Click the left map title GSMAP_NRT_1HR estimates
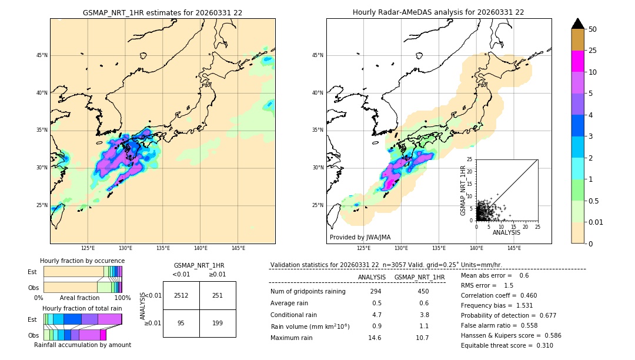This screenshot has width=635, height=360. point(162,12)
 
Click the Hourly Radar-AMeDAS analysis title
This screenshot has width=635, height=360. point(439,12)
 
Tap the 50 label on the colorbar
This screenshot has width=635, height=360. point(593,29)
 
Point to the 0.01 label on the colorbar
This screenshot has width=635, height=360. point(596,222)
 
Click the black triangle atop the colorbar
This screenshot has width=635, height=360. point(578,24)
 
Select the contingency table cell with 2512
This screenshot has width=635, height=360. point(181,295)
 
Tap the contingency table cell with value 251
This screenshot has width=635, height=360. point(218,295)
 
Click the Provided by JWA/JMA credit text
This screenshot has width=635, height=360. point(360,237)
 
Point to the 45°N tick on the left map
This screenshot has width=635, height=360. point(42,55)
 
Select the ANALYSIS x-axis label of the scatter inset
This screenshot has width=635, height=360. point(506,232)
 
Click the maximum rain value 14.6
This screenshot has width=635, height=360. point(375,338)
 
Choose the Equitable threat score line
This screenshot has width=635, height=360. point(507,345)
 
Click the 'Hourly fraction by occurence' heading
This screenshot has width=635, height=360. point(82,261)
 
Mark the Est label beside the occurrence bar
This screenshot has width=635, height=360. point(32,272)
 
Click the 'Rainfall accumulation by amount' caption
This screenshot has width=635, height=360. point(82,345)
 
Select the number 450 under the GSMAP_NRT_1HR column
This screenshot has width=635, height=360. point(423,291)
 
